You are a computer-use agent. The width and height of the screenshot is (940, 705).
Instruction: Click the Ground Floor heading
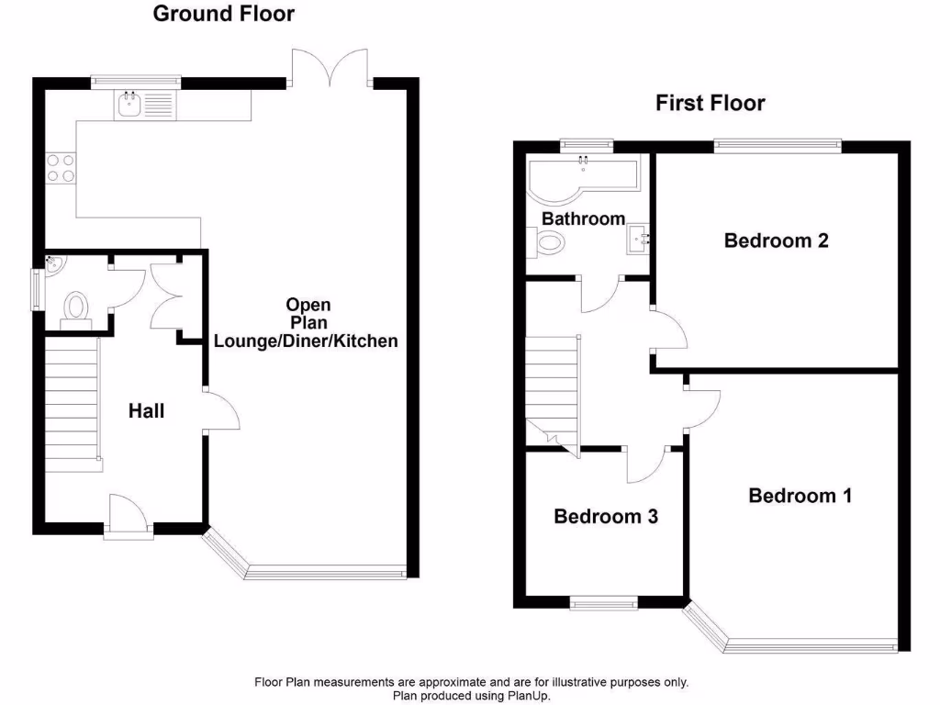click(224, 14)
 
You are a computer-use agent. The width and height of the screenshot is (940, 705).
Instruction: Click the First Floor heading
click(710, 103)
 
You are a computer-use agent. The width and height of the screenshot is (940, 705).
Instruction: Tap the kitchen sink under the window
click(129, 106)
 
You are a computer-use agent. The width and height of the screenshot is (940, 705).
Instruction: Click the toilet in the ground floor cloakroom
click(75, 307)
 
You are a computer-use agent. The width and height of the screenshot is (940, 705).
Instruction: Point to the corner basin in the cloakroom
click(54, 265)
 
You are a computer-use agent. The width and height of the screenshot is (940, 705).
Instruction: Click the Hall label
click(146, 411)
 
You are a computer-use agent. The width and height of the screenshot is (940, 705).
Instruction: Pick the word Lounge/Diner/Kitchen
click(306, 341)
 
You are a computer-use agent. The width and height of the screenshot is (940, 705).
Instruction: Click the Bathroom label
click(583, 219)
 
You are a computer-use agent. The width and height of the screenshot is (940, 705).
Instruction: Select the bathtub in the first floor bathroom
click(582, 174)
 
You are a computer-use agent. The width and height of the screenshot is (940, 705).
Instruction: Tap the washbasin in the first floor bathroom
click(640, 241)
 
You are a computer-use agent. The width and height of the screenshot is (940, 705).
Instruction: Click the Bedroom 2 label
click(776, 241)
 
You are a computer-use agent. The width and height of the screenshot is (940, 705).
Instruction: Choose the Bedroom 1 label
click(800, 496)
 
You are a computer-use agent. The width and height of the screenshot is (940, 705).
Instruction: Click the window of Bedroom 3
click(603, 603)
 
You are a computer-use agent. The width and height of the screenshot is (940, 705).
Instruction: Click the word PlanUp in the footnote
click(527, 696)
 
